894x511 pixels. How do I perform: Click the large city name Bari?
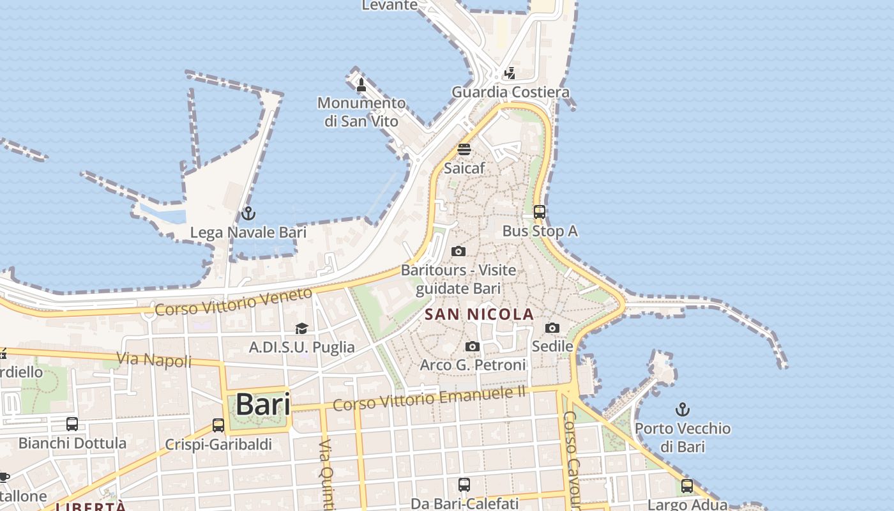pyautogui.click(x=262, y=404)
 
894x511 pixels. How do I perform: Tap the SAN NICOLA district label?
pyautogui.click(x=479, y=314)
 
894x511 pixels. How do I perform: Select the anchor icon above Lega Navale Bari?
pyautogui.click(x=248, y=213)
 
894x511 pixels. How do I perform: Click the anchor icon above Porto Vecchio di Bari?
pyautogui.click(x=683, y=409)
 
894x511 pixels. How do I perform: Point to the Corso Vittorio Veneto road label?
pyautogui.click(x=234, y=302)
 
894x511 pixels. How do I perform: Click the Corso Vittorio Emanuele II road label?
pyautogui.click(x=429, y=397)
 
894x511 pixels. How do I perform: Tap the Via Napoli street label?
pyautogui.click(x=155, y=360)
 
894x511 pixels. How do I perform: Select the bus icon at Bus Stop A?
pyautogui.click(x=540, y=212)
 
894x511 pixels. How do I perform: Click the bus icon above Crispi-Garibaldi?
pyautogui.click(x=218, y=425)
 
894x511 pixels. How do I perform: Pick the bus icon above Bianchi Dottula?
pyautogui.click(x=72, y=424)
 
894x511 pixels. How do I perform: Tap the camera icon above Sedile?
pyautogui.click(x=552, y=328)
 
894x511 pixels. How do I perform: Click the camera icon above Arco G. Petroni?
pyautogui.click(x=473, y=347)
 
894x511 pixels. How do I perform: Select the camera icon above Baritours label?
pyautogui.click(x=458, y=252)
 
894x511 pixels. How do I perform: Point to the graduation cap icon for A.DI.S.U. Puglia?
pyautogui.click(x=301, y=329)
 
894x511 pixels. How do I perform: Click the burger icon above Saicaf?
pyautogui.click(x=464, y=150)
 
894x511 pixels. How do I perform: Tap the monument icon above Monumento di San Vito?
pyautogui.click(x=361, y=84)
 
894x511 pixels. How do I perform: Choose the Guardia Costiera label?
pyautogui.click(x=510, y=92)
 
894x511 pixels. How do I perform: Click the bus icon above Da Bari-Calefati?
pyautogui.click(x=464, y=485)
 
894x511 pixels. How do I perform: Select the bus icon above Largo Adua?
pyautogui.click(x=687, y=486)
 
